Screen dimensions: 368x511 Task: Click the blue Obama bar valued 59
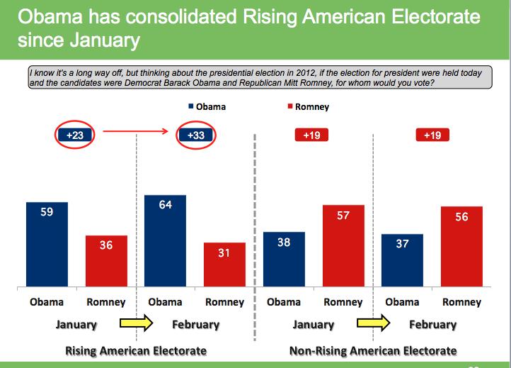[x=47, y=245]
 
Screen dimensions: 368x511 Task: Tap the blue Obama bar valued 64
[x=165, y=241]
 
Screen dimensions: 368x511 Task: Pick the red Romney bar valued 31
[x=224, y=264]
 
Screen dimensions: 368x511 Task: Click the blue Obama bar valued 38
[x=284, y=260]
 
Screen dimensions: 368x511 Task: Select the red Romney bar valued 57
[x=343, y=246]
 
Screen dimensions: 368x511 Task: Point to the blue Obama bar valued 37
[x=402, y=260]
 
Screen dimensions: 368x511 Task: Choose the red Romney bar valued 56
[x=461, y=247]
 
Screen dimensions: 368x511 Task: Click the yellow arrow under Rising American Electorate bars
[x=135, y=324]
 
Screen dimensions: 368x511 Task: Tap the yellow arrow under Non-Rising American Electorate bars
[x=373, y=324]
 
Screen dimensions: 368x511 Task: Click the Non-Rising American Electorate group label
[x=373, y=350]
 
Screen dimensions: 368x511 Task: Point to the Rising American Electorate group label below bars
[x=136, y=350]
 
